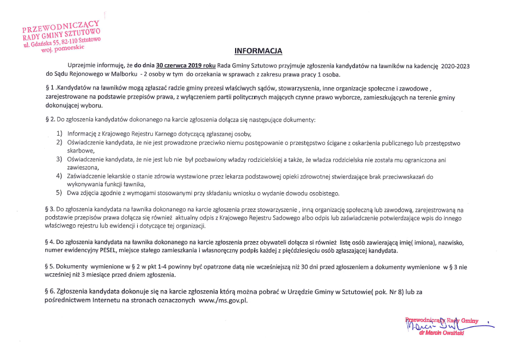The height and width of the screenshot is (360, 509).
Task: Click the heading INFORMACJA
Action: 258,52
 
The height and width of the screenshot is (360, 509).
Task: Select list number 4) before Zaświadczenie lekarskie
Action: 59,176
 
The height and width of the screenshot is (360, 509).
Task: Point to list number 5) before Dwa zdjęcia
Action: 59,193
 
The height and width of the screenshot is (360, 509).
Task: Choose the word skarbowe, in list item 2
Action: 81,151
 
